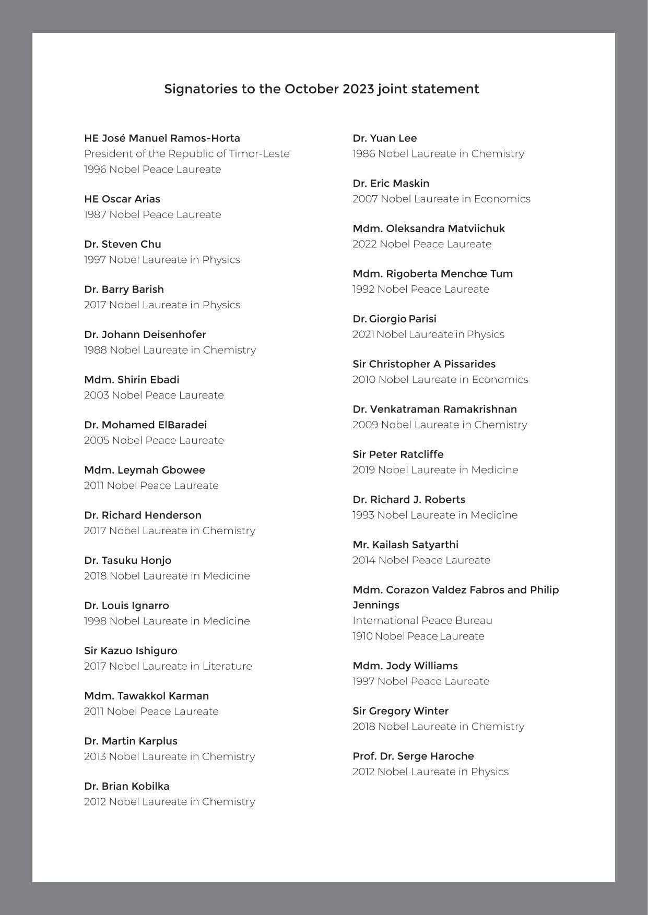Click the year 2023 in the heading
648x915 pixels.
click(359, 89)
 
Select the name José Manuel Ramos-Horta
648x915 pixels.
click(171, 138)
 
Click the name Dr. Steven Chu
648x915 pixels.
click(123, 244)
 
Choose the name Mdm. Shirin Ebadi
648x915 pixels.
click(132, 380)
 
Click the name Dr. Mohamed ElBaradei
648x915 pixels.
click(146, 425)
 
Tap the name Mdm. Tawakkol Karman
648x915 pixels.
click(146, 696)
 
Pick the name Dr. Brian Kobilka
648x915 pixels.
click(127, 786)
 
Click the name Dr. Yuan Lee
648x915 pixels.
click(385, 138)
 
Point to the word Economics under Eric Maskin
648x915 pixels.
click(502, 199)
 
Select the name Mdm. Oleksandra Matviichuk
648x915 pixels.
click(429, 228)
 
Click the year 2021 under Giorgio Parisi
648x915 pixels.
click(363, 334)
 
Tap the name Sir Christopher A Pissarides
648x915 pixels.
click(424, 364)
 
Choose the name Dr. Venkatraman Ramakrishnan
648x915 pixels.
click(435, 410)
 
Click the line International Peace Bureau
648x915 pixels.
click(422, 621)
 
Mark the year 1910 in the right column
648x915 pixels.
click(362, 636)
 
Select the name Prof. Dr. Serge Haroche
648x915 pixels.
click(413, 756)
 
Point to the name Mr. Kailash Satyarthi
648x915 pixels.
click(406, 545)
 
